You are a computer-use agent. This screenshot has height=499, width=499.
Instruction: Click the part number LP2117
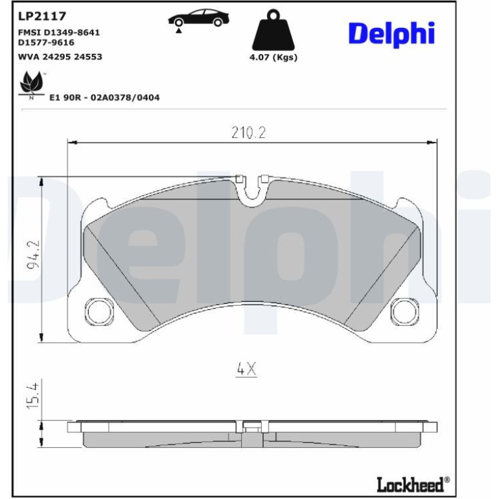tap(42, 16)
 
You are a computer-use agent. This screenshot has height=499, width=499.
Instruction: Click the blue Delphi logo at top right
tap(392, 34)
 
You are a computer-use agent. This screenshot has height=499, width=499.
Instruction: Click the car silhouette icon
tap(198, 18)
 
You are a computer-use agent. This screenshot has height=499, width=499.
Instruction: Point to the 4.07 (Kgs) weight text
tap(273, 58)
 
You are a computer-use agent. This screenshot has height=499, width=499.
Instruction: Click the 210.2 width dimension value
tap(248, 133)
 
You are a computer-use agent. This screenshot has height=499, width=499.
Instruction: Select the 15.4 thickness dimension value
tap(33, 396)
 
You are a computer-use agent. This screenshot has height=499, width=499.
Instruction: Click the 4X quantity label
tap(246, 369)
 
